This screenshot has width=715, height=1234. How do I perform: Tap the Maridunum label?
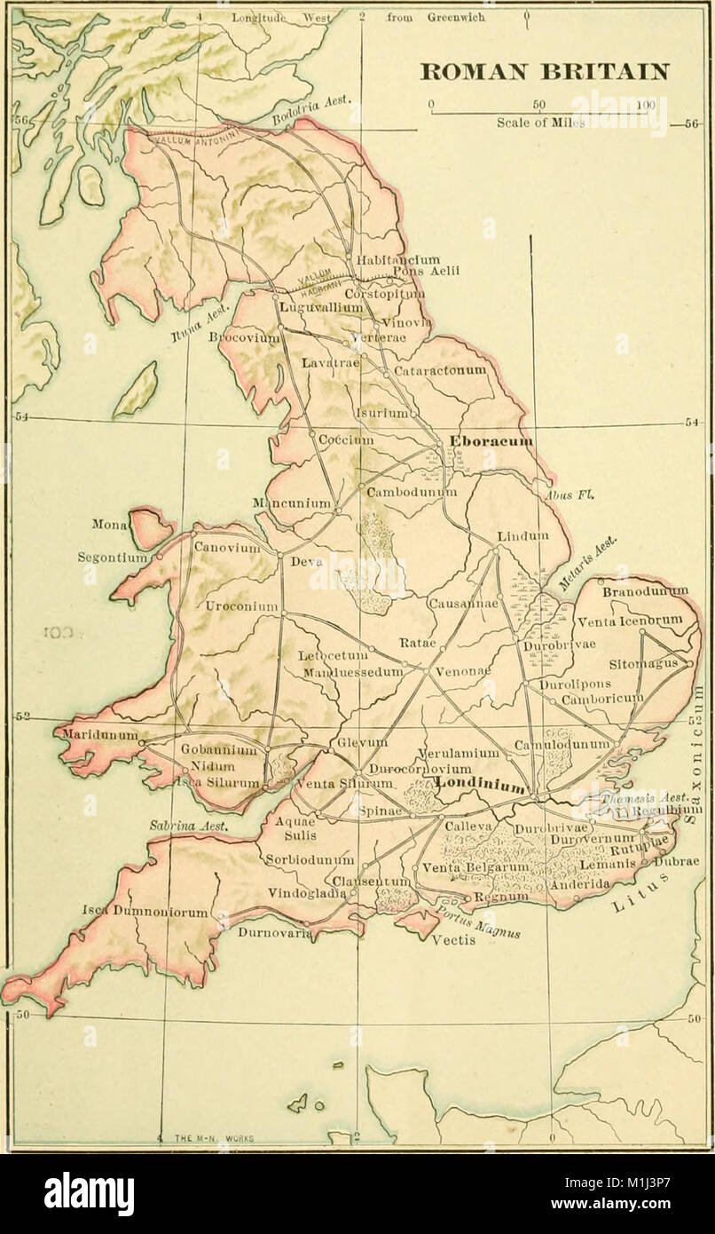[98, 735]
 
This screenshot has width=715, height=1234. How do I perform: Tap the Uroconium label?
[242, 607]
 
